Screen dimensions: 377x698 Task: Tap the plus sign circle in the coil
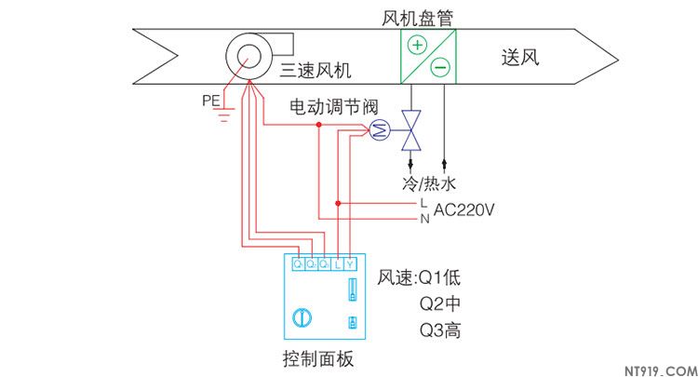[x=418, y=45]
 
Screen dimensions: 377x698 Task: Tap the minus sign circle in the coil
[x=440, y=67]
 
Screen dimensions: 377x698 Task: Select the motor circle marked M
[x=378, y=131]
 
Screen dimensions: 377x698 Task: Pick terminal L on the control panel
[x=337, y=264]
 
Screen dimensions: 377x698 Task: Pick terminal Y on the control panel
[x=350, y=264]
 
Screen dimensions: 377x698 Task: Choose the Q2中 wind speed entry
[x=439, y=303]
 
